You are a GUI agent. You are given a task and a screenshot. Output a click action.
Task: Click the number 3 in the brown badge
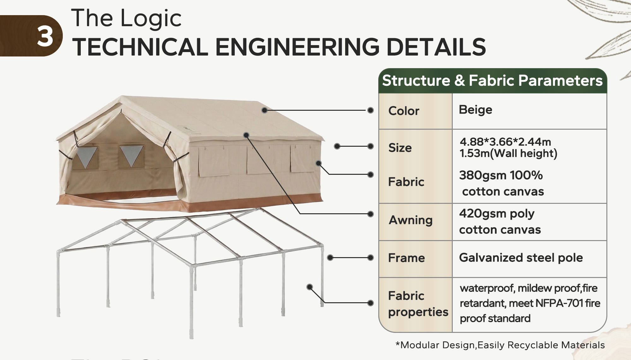pyautogui.click(x=45, y=36)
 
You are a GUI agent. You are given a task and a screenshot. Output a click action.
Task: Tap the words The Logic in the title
pyautogui.click(x=126, y=18)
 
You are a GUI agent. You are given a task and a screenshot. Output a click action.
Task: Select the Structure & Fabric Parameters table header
pyautogui.click(x=492, y=80)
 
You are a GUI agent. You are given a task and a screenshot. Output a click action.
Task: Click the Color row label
pyautogui.click(x=404, y=111)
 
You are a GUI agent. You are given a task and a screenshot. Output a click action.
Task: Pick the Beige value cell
pyautogui.click(x=475, y=110)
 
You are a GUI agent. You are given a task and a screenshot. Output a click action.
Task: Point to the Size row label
pyautogui.click(x=400, y=148)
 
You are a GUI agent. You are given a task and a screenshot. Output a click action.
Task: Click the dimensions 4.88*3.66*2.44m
pyautogui.click(x=505, y=142)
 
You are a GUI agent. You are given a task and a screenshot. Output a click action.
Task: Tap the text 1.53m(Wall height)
pyautogui.click(x=509, y=153)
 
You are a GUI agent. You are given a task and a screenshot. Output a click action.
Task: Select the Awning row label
pyautogui.click(x=411, y=220)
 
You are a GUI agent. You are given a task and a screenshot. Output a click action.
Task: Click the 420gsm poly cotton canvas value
pyautogui.click(x=500, y=221)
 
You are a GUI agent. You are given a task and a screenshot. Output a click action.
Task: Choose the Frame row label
pyautogui.click(x=406, y=258)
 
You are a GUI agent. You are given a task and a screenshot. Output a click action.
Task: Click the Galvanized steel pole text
pyautogui.click(x=521, y=258)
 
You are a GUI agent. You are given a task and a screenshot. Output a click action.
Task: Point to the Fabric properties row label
pyautogui.click(x=418, y=304)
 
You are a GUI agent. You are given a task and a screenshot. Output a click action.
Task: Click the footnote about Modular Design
pyautogui.click(x=500, y=345)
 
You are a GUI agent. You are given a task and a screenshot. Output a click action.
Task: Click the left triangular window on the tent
pyautogui.click(x=85, y=156)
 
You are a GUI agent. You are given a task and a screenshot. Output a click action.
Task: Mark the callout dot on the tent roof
pyautogui.click(x=264, y=110)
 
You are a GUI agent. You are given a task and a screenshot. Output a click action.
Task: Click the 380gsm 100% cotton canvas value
pyautogui.click(x=502, y=183)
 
